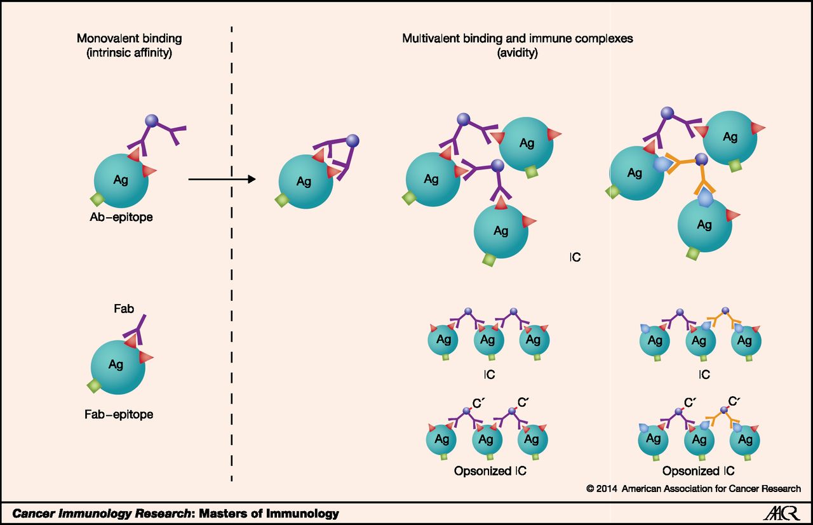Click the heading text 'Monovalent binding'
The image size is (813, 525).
[x=129, y=39]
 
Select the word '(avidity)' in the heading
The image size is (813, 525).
[x=517, y=53]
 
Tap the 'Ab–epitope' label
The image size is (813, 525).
[x=121, y=217]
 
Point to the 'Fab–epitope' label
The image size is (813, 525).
[x=119, y=415]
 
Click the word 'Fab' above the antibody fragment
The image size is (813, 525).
[x=124, y=309]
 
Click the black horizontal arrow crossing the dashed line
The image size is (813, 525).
[x=222, y=179]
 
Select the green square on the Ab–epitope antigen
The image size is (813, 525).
[x=97, y=200]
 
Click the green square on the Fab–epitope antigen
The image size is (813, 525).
[x=94, y=387]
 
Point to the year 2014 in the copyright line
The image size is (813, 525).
[x=607, y=489]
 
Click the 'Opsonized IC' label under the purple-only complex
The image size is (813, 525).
[x=490, y=471]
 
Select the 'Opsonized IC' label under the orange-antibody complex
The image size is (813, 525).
[x=698, y=471]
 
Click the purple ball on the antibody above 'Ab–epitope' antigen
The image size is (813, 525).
[x=152, y=121]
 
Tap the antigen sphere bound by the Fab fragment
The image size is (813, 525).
[x=118, y=367]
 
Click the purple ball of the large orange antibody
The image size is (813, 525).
[x=701, y=159]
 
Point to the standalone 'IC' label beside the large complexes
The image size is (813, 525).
[x=575, y=257]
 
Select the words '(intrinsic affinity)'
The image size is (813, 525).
[x=129, y=53]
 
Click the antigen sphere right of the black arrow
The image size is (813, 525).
[x=306, y=182]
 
